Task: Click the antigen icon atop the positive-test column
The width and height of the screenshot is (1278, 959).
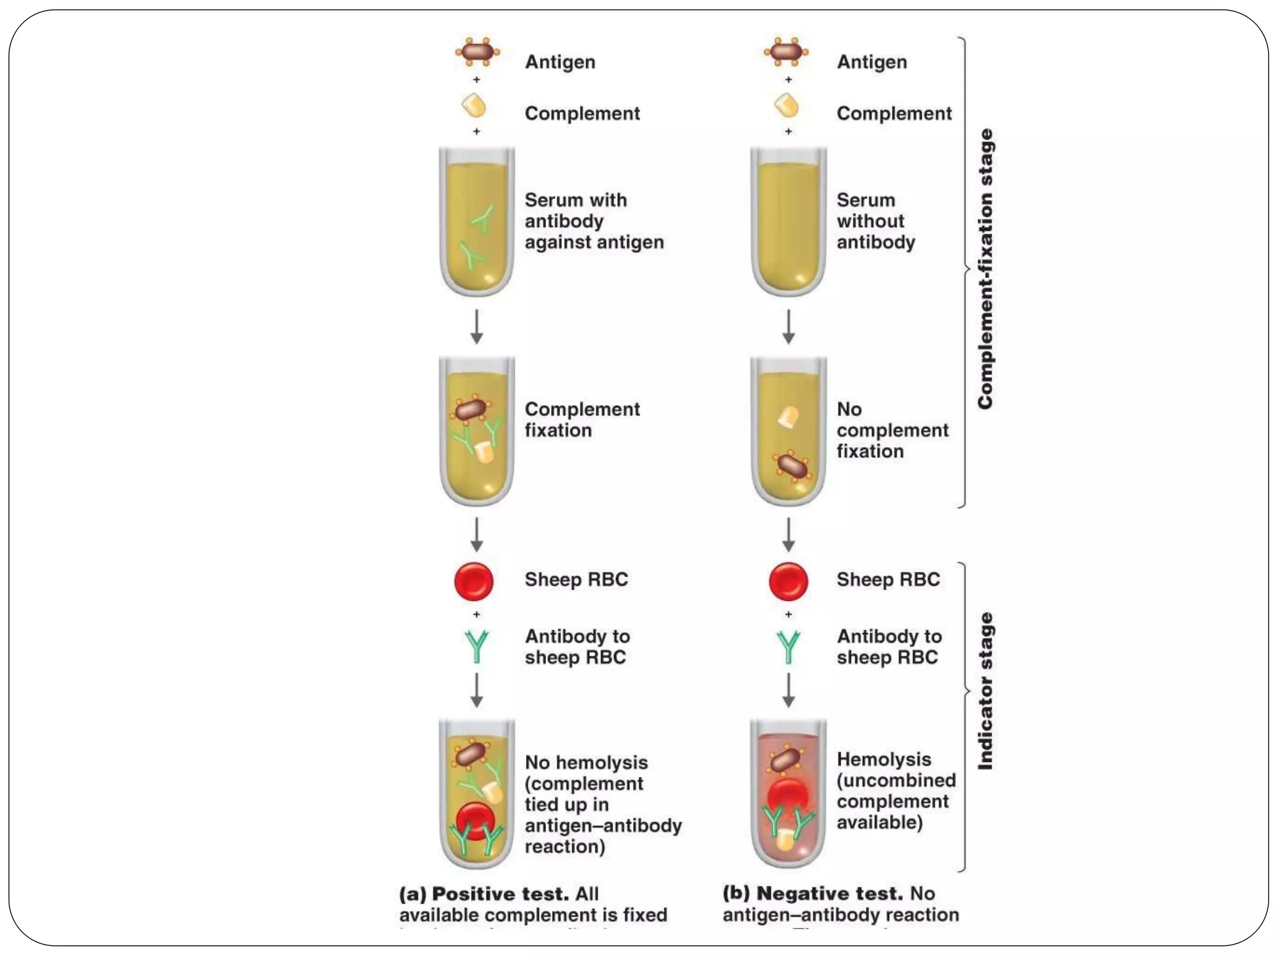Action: (x=477, y=52)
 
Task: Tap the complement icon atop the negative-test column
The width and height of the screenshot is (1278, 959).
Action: (x=786, y=106)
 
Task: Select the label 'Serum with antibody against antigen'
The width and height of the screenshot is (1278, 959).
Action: (x=593, y=221)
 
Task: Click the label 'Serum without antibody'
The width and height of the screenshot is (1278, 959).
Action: (x=876, y=221)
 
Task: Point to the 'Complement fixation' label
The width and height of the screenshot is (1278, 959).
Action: (x=582, y=420)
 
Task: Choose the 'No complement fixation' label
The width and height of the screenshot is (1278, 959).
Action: (x=892, y=430)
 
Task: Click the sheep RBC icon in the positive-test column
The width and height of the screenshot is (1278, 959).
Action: (x=474, y=581)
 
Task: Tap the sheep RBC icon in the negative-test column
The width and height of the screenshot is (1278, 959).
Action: (x=788, y=581)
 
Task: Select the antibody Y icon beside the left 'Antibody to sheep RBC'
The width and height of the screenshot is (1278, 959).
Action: (x=477, y=646)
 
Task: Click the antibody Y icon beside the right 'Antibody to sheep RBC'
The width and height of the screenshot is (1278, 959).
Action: (x=788, y=646)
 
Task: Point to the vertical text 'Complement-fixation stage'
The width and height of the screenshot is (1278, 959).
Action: (x=985, y=270)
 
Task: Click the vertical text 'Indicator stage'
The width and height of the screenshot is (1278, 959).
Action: (x=985, y=691)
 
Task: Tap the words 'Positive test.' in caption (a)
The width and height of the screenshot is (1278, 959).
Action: (x=500, y=894)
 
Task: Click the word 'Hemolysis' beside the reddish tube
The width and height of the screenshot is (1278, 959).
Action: (x=884, y=759)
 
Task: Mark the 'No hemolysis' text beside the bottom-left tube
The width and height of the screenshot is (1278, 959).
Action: (x=586, y=762)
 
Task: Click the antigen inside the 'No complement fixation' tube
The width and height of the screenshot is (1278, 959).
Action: (x=791, y=466)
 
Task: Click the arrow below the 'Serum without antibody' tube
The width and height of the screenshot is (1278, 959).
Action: (x=788, y=327)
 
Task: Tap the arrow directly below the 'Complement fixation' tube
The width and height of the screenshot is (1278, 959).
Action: (x=477, y=534)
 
